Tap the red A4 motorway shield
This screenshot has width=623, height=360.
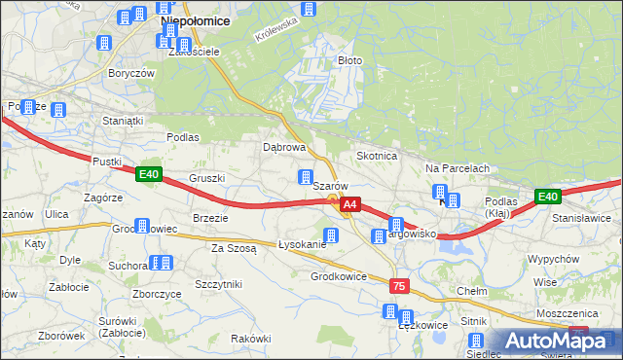(350, 205)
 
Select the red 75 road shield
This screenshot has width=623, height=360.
(398, 286)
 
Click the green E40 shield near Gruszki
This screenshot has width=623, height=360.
(148, 174)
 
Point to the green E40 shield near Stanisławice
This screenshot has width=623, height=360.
(548, 197)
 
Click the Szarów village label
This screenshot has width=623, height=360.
(330, 186)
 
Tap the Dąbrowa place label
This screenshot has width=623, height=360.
(285, 148)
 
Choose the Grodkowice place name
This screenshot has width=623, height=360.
(338, 276)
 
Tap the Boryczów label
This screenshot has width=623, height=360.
(132, 74)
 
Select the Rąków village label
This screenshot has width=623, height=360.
(251, 338)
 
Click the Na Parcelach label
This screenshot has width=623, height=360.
(457, 168)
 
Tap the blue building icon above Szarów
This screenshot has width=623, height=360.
(306, 177)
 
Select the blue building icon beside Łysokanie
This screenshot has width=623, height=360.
(330, 234)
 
